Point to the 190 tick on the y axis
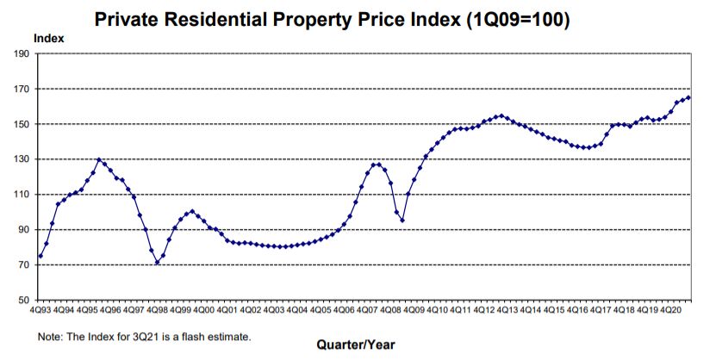coord(22,53)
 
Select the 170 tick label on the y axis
coord(22,89)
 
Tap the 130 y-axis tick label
coord(22,159)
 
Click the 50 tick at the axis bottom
coord(24,300)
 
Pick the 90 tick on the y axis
coord(24,229)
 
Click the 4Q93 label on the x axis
coord(40,308)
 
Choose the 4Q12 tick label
coord(484,308)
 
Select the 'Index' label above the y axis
coord(48,38)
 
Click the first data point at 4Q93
coord(40,256)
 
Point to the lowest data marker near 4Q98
coord(157,262)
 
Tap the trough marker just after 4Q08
coord(402,220)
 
